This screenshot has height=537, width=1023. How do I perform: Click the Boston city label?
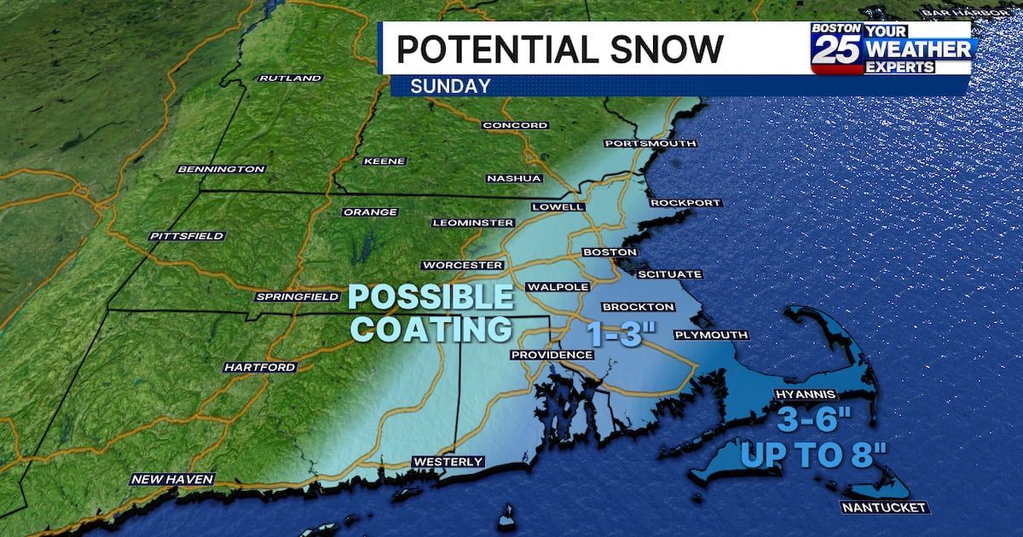click(609, 252)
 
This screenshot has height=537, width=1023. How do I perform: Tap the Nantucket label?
click(882, 508)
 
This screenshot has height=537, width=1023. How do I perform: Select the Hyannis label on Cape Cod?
click(800, 396)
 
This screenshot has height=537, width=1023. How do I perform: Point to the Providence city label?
click(551, 355)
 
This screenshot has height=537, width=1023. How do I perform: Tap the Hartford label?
click(260, 367)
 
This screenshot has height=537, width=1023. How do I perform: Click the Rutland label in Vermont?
click(291, 78)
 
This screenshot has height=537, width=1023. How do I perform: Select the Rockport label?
click(685, 203)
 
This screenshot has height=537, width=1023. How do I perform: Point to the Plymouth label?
click(710, 335)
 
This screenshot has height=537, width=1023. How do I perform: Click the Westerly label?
click(448, 462)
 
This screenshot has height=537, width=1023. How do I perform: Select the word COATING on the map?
click(432, 327)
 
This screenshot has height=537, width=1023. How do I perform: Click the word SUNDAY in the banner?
click(450, 85)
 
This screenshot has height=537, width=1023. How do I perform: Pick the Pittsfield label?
click(186, 235)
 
